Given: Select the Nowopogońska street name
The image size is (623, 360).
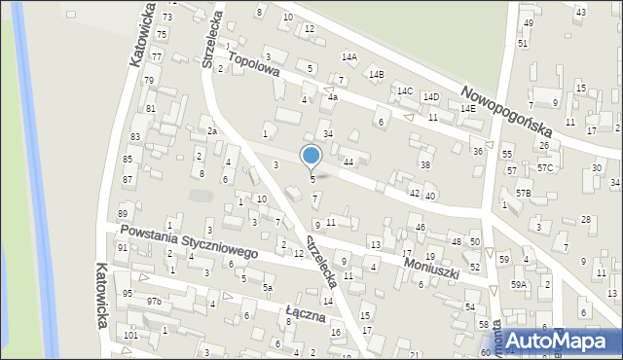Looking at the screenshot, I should tap(508, 108).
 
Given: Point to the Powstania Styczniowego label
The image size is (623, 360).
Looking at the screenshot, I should tap(188, 241).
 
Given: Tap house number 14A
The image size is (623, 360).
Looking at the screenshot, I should tap(348, 57).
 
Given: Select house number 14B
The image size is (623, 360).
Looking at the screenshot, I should tap(376, 74).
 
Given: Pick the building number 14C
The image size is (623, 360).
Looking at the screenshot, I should tap(405, 90).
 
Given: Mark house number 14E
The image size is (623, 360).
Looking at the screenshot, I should tap(468, 109).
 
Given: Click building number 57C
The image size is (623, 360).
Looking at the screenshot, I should tap(546, 167).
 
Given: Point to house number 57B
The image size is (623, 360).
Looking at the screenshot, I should tap(524, 194).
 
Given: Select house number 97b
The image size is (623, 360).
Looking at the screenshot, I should tap(154, 302).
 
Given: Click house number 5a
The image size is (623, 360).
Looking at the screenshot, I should tap(267, 288).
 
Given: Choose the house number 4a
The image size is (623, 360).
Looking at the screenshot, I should tap(332, 97).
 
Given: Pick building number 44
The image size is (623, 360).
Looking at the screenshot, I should tap(348, 161).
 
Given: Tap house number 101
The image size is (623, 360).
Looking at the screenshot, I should tap(130, 335).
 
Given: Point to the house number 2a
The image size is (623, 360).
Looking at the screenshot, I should tap(210, 130).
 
